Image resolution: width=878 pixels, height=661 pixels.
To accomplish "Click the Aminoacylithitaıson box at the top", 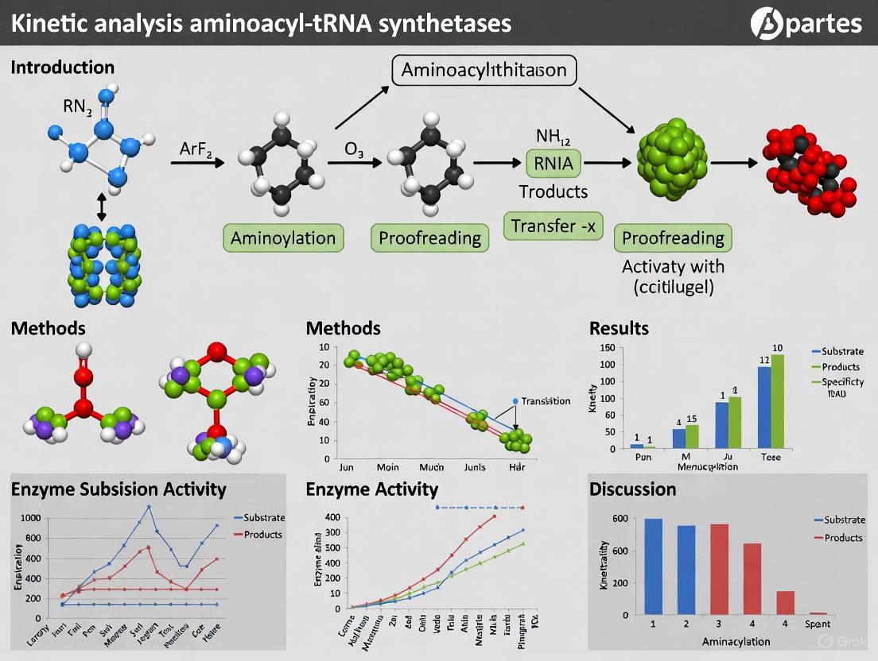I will click(484, 71).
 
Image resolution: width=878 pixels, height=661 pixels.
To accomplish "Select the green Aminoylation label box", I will click(283, 238).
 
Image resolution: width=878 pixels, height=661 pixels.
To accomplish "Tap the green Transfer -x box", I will click(554, 226).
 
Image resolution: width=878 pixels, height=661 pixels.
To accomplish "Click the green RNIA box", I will click(554, 164).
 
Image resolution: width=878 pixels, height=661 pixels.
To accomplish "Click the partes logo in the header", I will click(806, 22).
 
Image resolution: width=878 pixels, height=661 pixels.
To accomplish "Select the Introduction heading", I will click(63, 68).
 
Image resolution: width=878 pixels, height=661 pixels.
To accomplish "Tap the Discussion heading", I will click(632, 489).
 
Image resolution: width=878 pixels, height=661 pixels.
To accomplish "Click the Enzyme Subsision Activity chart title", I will click(118, 489).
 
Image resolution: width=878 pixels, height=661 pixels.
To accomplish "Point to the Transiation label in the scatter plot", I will click(545, 401).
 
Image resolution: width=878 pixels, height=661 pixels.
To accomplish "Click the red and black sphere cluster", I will click(808, 164).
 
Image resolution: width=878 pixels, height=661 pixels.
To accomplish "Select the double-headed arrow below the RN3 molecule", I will click(101, 208).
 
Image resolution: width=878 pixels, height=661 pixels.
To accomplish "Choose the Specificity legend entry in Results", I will click(843, 382).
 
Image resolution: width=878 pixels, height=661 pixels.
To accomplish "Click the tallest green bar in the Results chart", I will click(778, 400).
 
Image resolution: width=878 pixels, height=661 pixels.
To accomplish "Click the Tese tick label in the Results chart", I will click(771, 458).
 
